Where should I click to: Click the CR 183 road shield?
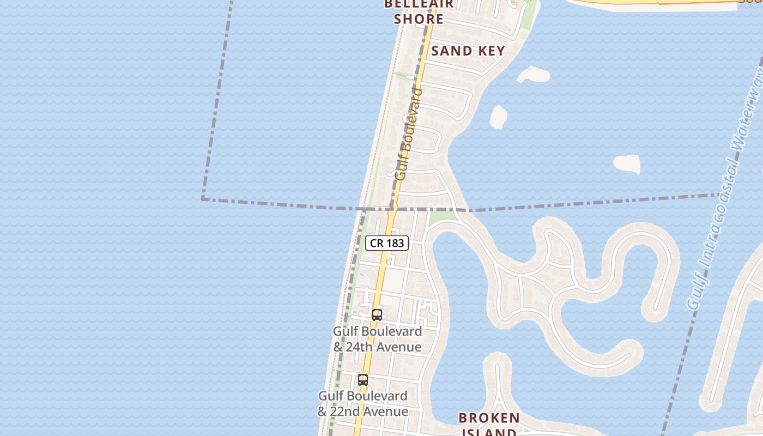click(386, 243)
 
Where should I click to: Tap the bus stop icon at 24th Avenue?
click(377, 314)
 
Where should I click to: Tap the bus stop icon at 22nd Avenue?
click(363, 380)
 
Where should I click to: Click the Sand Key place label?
click(468, 51)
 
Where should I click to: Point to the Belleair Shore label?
click(419, 11)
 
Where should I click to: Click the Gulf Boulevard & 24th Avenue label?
click(377, 339)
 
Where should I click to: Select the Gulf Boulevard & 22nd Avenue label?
click(363, 404)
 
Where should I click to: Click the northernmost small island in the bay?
click(533, 74)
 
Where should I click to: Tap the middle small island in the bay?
click(498, 117)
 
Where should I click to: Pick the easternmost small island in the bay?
click(627, 163)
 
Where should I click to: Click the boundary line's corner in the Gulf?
click(203, 199)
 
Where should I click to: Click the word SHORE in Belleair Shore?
click(419, 19)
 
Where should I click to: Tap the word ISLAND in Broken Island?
click(488, 433)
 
